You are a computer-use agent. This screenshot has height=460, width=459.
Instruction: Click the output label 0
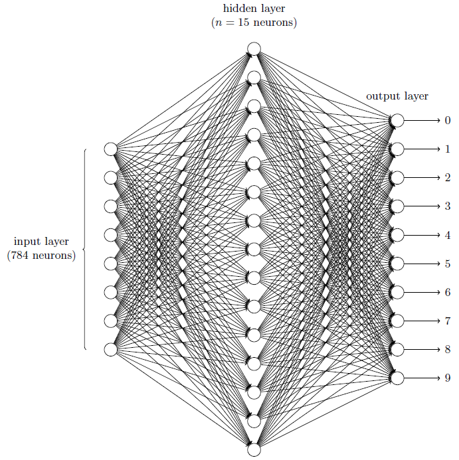point(448,120)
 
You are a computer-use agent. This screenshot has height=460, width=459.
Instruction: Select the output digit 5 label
point(448,264)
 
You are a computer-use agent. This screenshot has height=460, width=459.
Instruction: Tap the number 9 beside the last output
point(448,378)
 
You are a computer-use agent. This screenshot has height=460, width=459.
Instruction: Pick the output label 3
point(448,206)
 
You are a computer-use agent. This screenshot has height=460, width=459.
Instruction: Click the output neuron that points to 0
point(397,120)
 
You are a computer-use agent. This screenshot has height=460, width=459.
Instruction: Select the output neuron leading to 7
point(397,321)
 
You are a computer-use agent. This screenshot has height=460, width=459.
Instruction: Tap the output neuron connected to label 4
point(397,235)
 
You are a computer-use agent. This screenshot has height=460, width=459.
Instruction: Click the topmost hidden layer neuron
point(254,48)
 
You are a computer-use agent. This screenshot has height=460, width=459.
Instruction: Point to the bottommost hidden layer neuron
point(254,450)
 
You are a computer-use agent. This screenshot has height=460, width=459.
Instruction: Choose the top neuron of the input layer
point(111,149)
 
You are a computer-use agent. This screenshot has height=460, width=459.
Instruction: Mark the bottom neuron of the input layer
point(111,349)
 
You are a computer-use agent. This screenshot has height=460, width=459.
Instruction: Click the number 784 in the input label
point(20,256)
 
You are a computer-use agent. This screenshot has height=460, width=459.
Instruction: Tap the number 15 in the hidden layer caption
point(243,23)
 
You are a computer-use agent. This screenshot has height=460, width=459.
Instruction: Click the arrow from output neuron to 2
point(422,178)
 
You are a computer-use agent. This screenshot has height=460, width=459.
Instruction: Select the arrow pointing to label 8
point(422,349)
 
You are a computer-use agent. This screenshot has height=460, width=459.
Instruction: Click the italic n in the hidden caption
point(219,23)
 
